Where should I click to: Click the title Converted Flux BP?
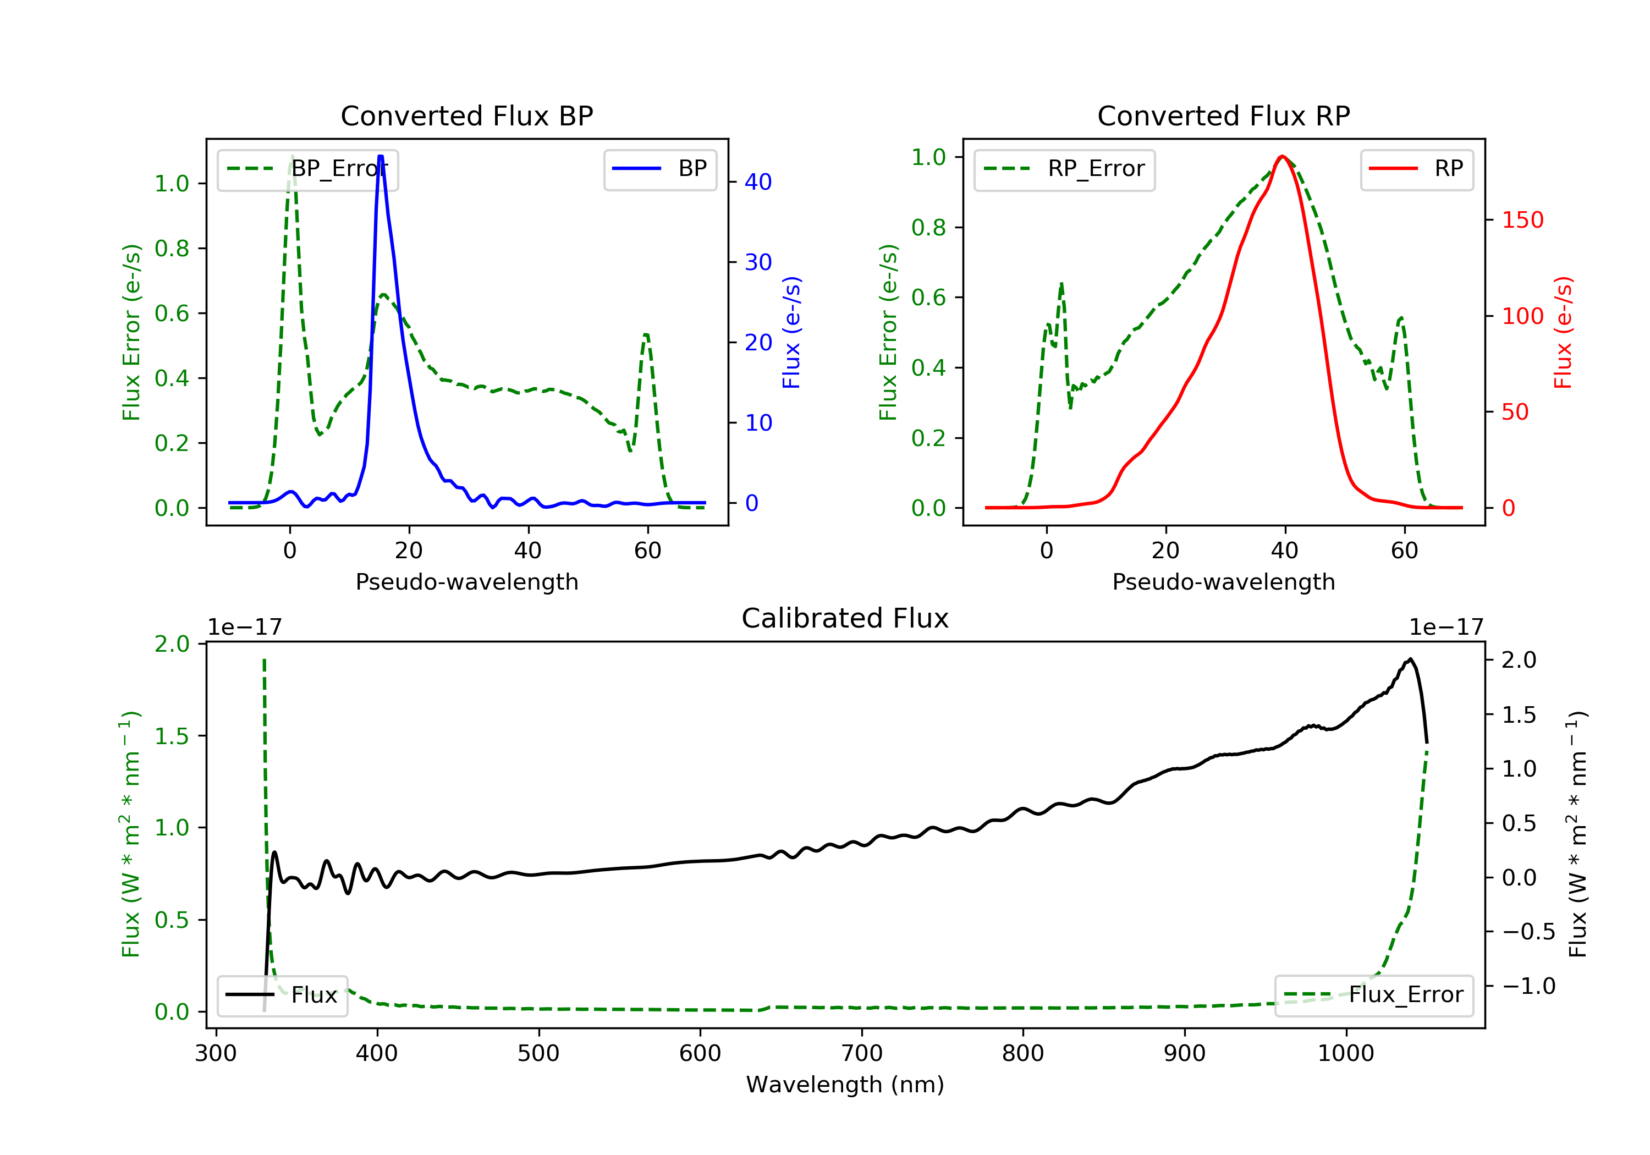coord(466,116)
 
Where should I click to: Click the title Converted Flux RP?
coord(1223,116)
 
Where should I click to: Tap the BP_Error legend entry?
coord(307,169)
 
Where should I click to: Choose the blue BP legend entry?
coord(659,169)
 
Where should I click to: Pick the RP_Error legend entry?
coord(1064,169)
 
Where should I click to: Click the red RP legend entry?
coord(1416,169)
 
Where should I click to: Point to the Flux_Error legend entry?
coord(1373,995)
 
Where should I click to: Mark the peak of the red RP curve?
coord(1282,156)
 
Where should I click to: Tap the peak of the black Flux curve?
coord(1410,659)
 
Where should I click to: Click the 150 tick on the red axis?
coord(1522,220)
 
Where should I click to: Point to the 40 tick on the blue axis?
coord(758,182)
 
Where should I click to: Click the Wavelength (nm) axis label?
coord(845,1085)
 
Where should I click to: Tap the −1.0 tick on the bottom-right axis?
coord(1528,986)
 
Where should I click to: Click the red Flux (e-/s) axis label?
coord(1564,332)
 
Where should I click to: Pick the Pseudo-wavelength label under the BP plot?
coord(467,581)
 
